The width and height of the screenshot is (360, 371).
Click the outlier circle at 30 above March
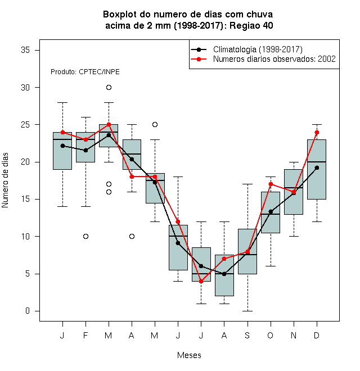[109, 88]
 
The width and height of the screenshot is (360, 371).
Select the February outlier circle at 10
[85, 236]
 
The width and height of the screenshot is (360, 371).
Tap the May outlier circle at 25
[155, 124]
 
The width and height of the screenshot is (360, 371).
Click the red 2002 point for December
[317, 132]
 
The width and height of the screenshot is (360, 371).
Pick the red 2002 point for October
[271, 184]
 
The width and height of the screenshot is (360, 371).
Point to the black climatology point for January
[63, 146]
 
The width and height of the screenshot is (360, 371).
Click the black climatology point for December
[317, 168]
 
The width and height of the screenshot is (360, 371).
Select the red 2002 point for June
[178, 221]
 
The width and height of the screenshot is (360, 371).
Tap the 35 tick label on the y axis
[25, 50]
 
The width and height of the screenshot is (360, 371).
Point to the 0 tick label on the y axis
[28, 311]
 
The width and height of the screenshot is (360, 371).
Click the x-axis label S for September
[247, 335]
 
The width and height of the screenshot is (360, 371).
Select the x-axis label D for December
[317, 335]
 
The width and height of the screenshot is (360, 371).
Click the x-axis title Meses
[189, 355]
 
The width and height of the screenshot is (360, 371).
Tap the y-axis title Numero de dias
[5, 180]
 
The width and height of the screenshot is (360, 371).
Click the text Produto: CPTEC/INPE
[85, 72]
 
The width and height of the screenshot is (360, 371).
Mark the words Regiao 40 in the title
[251, 25]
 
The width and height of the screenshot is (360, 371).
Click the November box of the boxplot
[294, 192]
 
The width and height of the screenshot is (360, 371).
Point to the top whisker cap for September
[247, 184]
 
